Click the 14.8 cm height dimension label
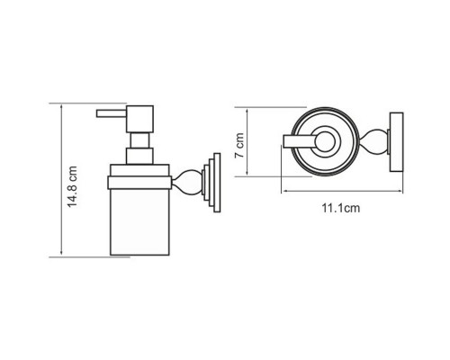[x=72, y=186]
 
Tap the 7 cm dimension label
[x=239, y=146]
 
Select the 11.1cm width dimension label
[x=341, y=208]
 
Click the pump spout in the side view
[x=112, y=113]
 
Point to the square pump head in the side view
[x=139, y=119]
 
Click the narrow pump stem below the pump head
[x=139, y=140]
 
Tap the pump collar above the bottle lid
[x=139, y=156]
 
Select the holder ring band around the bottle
[x=139, y=183]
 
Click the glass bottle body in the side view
[x=139, y=222]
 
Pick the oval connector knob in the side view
[x=187, y=183]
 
